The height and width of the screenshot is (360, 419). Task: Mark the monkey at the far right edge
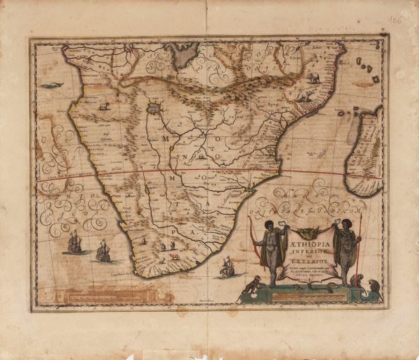[375, 285]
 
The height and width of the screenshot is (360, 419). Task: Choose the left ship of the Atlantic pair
[74, 243]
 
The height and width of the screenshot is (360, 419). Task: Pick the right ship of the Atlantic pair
[104, 251]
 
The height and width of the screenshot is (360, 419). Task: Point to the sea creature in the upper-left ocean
[51, 85]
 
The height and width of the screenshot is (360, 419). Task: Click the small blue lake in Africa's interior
[154, 109]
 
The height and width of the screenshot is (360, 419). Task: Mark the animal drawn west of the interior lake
[105, 106]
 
